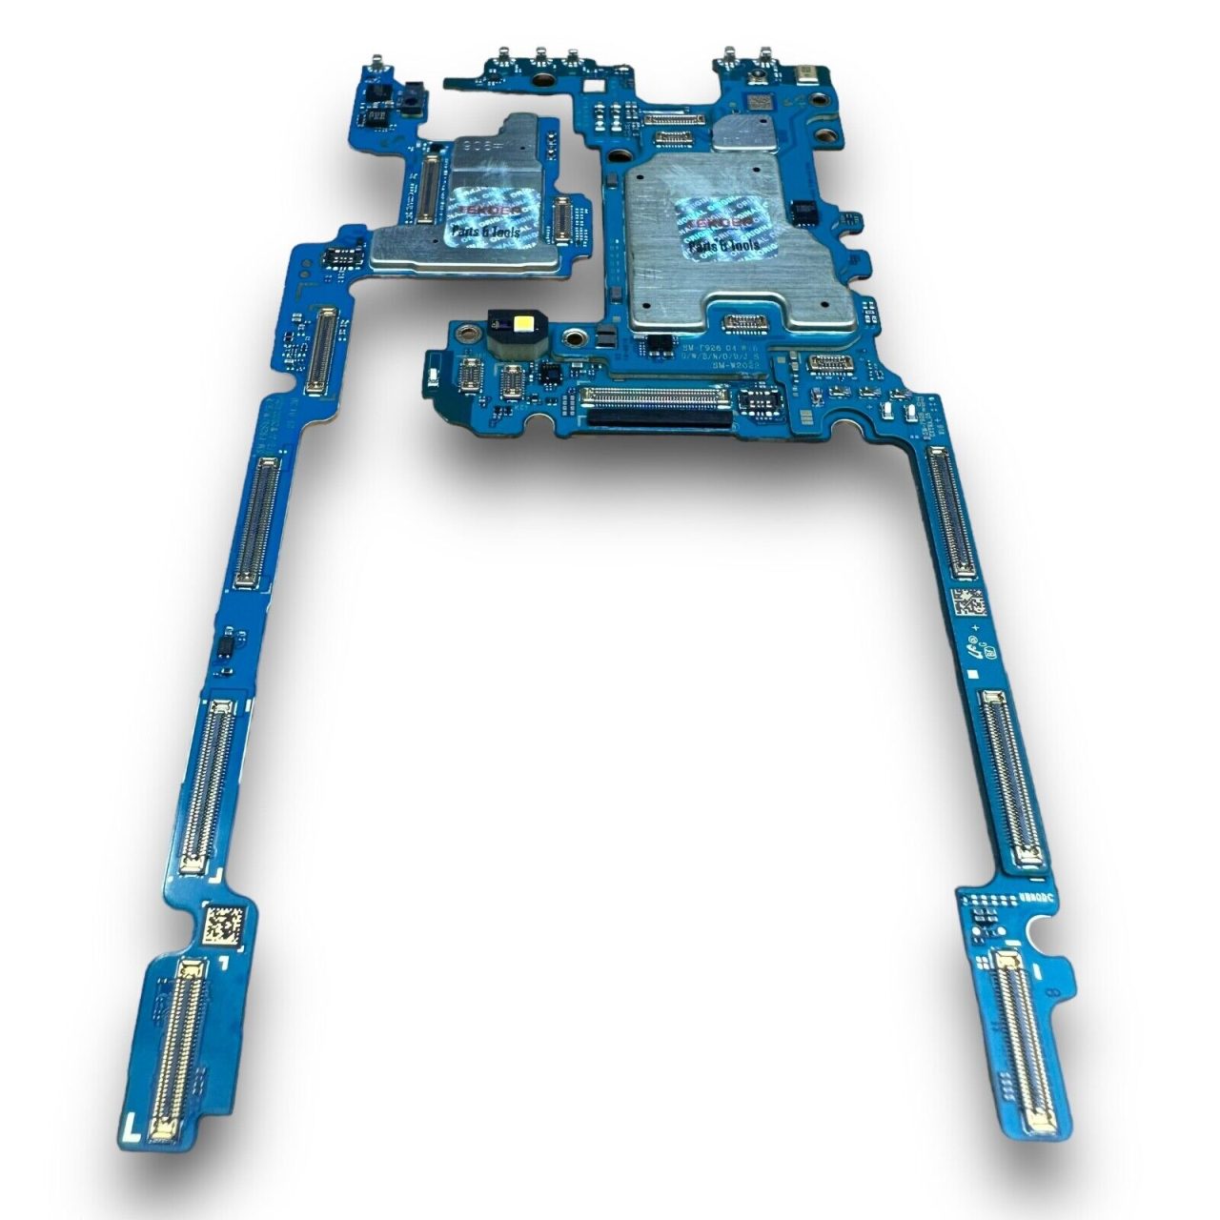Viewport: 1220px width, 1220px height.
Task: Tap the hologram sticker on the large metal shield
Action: [725, 230]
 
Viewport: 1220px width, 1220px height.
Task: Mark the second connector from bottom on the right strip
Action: [1012, 778]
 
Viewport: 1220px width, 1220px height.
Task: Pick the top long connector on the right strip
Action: [951, 511]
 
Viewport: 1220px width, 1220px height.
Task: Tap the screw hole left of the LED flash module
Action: [468, 334]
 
